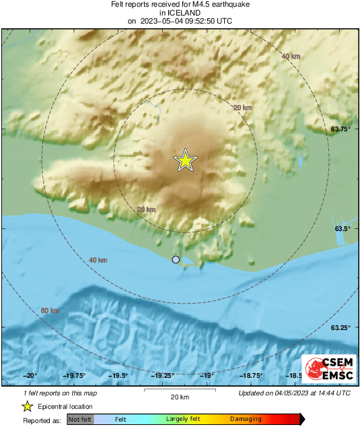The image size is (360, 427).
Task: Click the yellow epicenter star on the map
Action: point(185,160)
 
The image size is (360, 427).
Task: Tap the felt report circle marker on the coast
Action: point(176,259)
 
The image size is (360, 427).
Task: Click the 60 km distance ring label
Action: point(50,310)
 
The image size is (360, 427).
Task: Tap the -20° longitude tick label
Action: point(30,376)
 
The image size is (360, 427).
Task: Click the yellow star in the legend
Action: point(28,406)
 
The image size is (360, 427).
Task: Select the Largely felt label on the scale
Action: point(184,420)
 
